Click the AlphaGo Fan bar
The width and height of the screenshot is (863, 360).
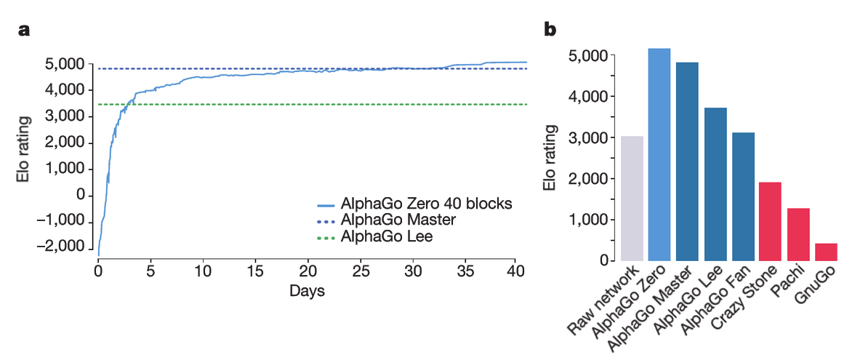click(743, 196)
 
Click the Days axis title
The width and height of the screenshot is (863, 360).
click(307, 292)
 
